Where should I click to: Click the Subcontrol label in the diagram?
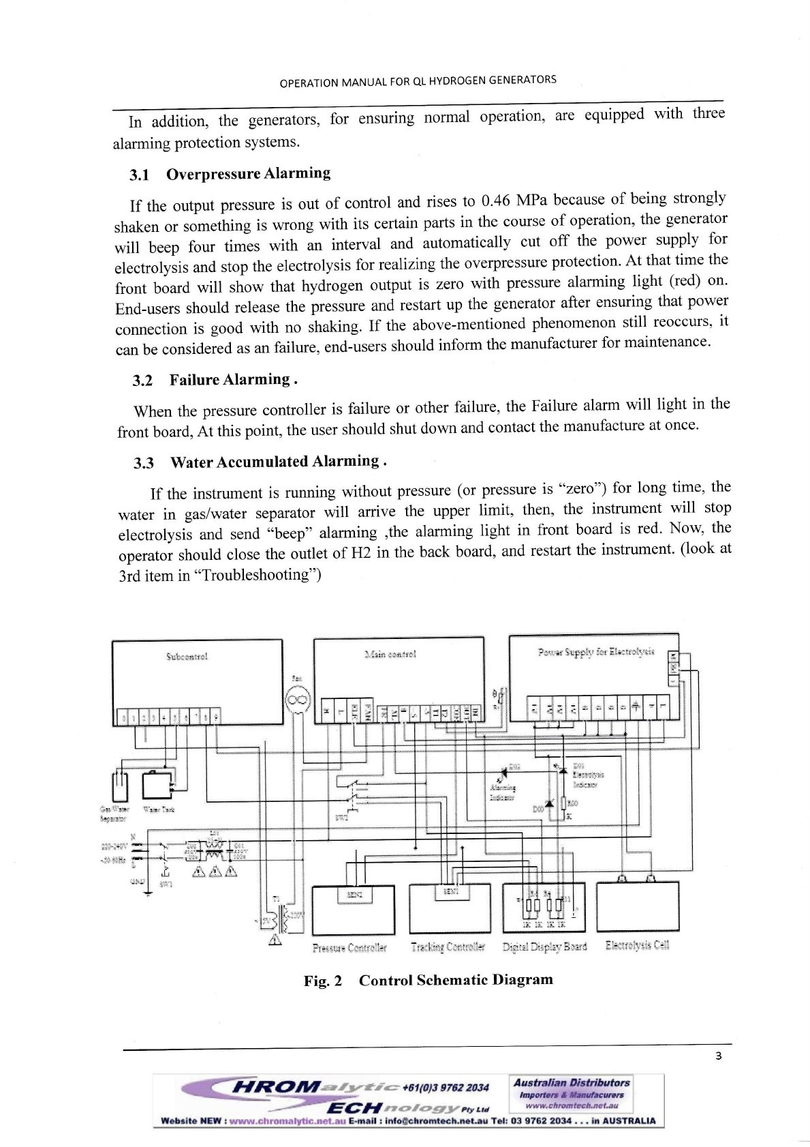click(187, 657)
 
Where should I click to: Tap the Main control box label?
click(390, 654)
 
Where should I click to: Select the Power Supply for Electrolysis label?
click(595, 652)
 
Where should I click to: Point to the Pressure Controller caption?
click(349, 948)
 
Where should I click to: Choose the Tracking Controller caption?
click(448, 947)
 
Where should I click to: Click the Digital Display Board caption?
click(544, 947)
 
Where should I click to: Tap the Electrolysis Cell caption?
click(637, 945)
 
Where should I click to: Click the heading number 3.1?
click(140, 175)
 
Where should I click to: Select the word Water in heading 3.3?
click(191, 462)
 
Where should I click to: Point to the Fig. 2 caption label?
click(323, 981)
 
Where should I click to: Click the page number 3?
click(718, 1057)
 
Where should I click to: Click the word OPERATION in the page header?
click(309, 83)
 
